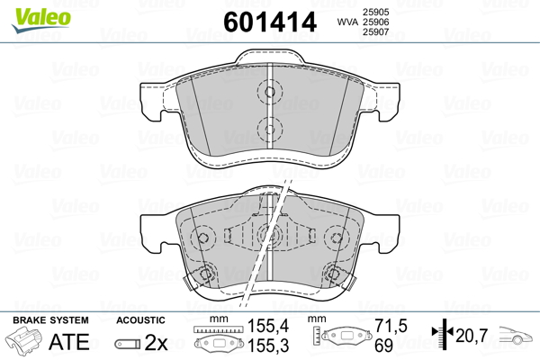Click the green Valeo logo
[x=41, y=20]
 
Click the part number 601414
[x=270, y=22]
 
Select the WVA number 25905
[x=375, y=12]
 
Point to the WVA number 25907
[x=375, y=32]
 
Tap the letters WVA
[x=347, y=22]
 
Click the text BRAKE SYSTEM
[x=50, y=320]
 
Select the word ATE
[x=69, y=342]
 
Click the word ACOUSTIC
[x=140, y=320]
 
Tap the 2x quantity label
[x=156, y=342]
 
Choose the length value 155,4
[x=268, y=326]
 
